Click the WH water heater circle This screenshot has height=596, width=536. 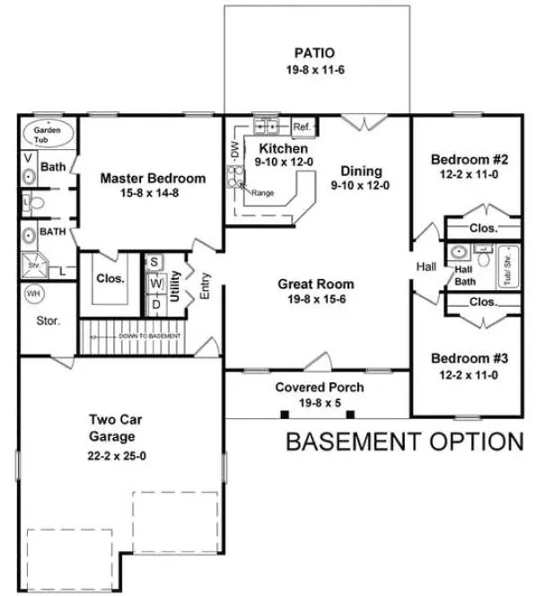34,294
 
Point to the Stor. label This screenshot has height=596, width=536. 48,320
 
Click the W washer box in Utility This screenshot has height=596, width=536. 154,283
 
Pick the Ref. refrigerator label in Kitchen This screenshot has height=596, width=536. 301,127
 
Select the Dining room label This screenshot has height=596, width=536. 361,171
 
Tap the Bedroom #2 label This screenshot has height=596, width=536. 470,160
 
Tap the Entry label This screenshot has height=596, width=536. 205,286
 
